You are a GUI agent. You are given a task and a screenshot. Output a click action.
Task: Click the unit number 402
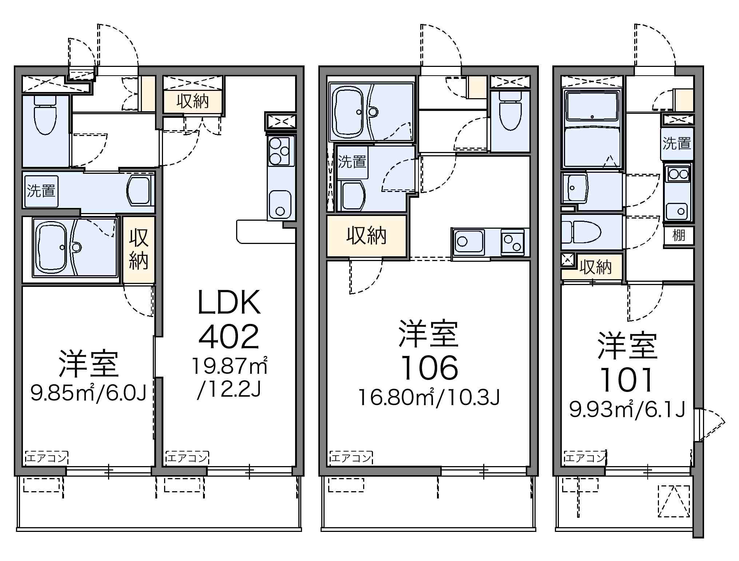(229, 337)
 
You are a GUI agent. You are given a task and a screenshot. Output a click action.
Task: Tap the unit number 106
(429, 368)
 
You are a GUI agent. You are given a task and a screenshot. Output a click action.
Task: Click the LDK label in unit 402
(229, 302)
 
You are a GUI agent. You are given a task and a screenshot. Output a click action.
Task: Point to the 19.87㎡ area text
(230, 366)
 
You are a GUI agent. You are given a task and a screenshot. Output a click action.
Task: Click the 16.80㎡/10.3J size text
(429, 397)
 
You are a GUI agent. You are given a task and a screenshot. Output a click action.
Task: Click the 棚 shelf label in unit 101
(679, 236)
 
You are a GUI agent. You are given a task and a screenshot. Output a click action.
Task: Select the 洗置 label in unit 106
(352, 162)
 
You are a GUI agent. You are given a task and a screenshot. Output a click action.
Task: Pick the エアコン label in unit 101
(585, 458)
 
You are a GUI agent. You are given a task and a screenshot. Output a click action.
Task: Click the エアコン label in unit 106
(351, 458)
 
